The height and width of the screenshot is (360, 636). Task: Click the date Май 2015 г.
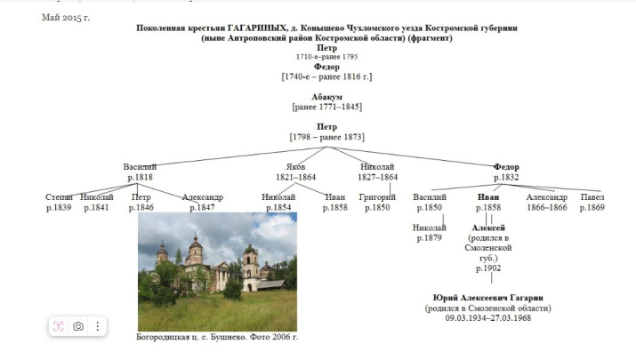[x=66, y=17]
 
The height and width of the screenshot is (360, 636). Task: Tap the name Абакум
[x=326, y=97]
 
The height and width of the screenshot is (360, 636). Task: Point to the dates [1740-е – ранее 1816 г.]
[x=326, y=76]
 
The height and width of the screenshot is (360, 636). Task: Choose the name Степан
[x=59, y=196]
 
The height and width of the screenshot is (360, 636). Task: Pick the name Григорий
[x=377, y=196]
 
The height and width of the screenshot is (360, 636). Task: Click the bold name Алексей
[x=488, y=228]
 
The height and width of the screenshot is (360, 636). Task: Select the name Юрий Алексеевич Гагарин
[x=487, y=297]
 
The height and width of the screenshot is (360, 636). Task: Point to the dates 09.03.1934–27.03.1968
[x=487, y=318]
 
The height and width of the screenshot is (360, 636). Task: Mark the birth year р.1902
[x=488, y=268]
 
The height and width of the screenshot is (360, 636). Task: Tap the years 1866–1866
[x=546, y=207]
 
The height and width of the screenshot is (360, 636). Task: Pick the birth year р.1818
[x=140, y=178]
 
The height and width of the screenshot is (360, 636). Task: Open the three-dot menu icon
[x=97, y=326]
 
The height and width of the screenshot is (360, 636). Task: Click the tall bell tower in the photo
[x=250, y=260]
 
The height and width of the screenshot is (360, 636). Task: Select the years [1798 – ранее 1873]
[x=326, y=137]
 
